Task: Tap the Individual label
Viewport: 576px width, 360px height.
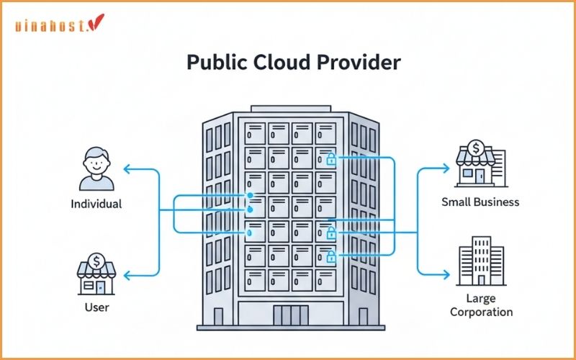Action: coord(96,204)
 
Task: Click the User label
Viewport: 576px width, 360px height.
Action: coord(96,307)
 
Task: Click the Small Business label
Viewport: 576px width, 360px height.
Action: coord(480,202)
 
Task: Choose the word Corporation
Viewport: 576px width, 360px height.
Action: coord(480,312)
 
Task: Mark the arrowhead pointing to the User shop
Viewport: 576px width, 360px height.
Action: coord(127,275)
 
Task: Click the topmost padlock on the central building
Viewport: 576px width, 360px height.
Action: coord(331,158)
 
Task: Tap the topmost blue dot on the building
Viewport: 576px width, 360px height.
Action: coord(250,195)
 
